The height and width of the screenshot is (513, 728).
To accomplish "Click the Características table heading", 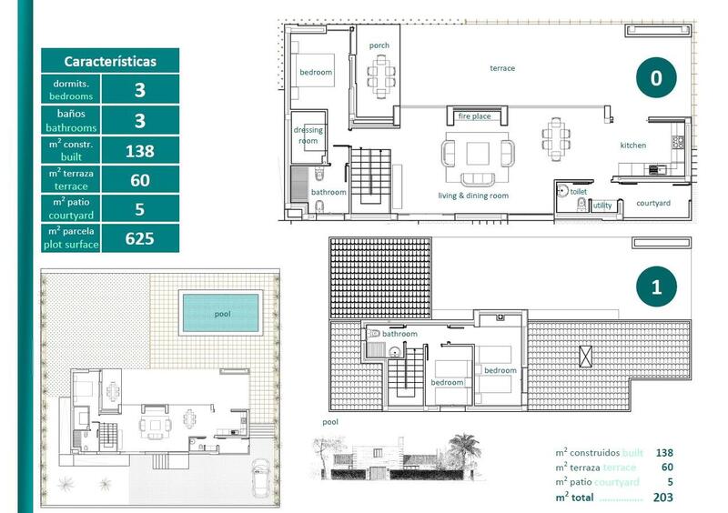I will coord(110,62).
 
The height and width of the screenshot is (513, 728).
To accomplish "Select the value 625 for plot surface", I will coord(140,239).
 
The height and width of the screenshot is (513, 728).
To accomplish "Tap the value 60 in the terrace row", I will coord(140,180).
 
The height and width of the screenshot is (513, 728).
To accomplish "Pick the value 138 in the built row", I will coord(140,151).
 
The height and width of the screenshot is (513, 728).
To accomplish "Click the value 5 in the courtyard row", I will coord(140,209).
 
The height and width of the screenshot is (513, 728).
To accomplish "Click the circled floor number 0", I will coord(656,79).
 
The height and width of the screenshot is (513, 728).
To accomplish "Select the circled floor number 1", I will coord(656,288).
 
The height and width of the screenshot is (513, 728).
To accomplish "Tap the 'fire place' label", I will coord(474,116).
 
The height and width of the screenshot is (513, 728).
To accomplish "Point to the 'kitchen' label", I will coord(633,146).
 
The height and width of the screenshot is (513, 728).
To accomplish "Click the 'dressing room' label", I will coord(308,136).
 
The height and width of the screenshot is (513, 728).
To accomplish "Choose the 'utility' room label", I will coord(602,206).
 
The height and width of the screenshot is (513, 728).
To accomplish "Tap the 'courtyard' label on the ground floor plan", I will coord(652,203).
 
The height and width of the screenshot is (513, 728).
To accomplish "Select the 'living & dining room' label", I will coord(473,196).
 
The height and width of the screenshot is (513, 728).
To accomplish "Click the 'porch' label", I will coord(379,45).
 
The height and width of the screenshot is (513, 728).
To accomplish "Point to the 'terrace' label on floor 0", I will coord(502,68).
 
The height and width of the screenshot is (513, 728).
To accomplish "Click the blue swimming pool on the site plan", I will coord(221,312).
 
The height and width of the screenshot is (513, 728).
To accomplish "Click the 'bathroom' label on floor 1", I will coord(399,334).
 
